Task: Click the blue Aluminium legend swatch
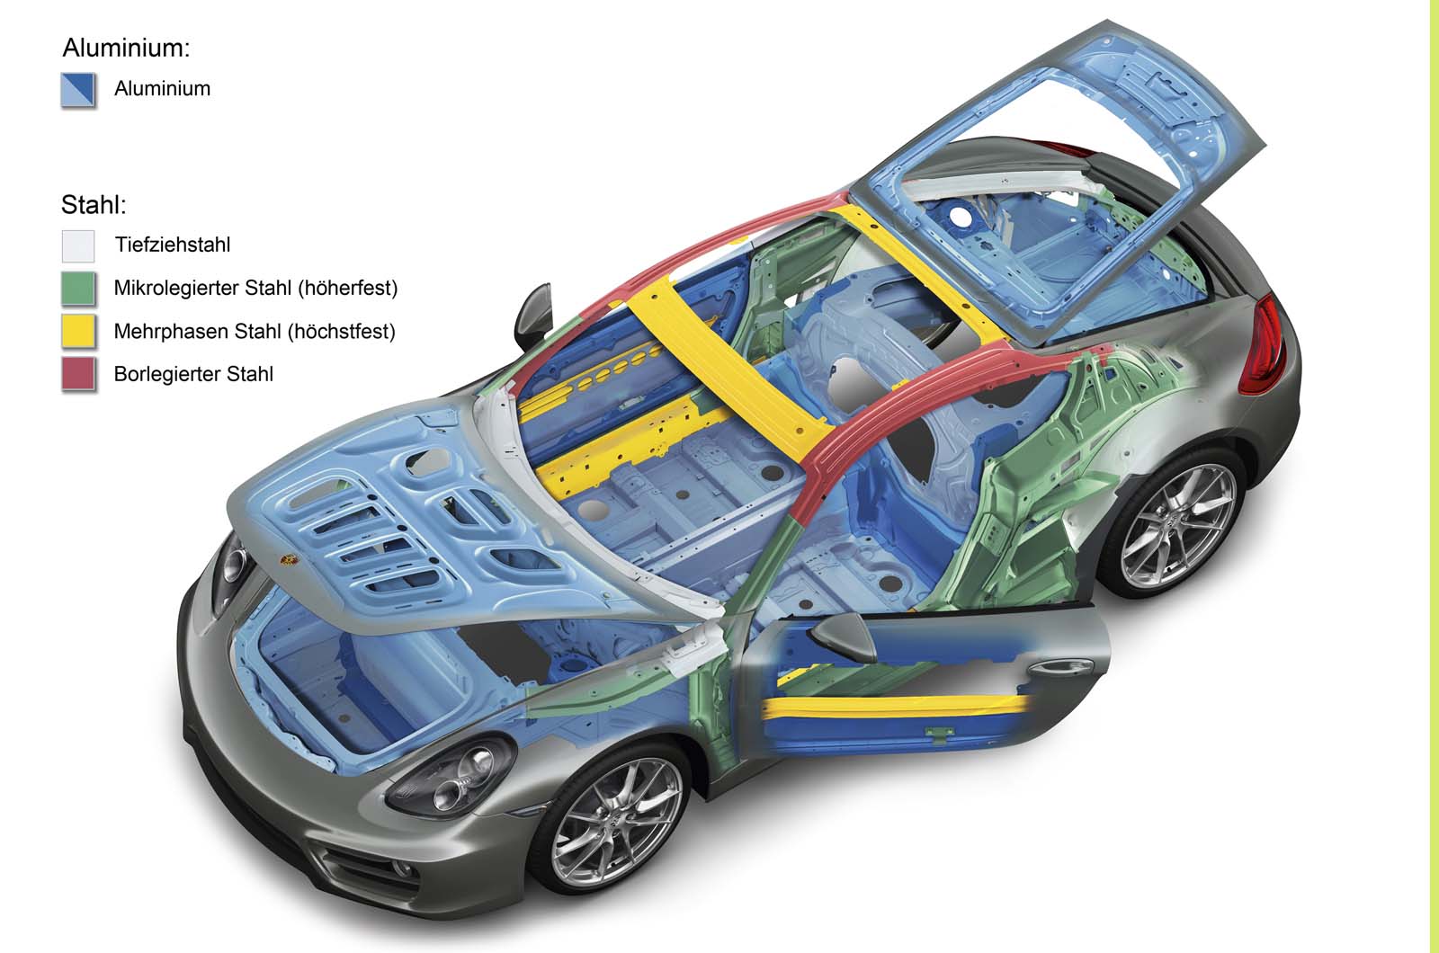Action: pos(78,90)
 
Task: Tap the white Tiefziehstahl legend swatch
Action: pos(78,246)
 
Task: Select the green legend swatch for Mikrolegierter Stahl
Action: pos(78,289)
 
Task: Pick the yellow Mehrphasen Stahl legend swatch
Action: pos(78,332)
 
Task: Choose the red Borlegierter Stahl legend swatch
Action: pos(78,374)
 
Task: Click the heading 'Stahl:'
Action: pos(94,205)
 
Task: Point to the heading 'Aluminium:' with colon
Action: pos(126,49)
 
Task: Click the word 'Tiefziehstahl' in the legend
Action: pos(172,245)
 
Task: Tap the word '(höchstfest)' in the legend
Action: pos(341,332)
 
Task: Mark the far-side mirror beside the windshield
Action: pos(533,316)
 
